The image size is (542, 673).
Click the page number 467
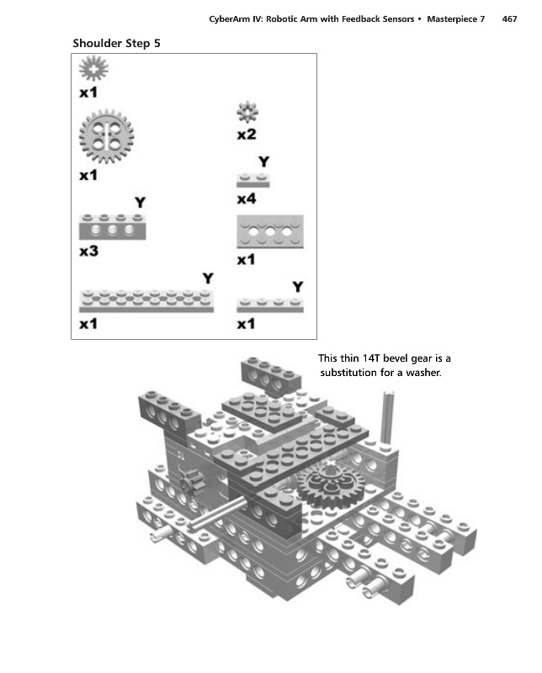pos(509,19)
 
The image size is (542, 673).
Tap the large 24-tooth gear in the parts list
pos(106,137)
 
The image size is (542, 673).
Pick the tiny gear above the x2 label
pos(247,111)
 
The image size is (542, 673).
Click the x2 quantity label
pos(247,134)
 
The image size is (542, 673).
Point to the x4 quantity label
pos(247,199)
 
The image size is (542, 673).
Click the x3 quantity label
pos(89,252)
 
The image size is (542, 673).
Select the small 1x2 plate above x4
pos(252,179)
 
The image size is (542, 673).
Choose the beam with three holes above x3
pos(112,227)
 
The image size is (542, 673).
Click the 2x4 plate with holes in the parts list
pos(269,231)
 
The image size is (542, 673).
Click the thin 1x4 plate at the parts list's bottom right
pos(269,305)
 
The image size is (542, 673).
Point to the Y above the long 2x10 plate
pos(208,278)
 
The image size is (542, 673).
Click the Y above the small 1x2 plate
pos(263,161)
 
